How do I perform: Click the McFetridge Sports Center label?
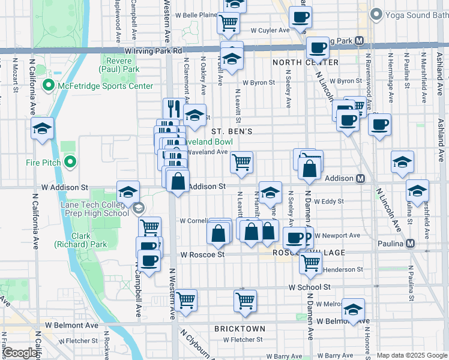click(105, 86)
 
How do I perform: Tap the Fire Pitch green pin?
click(70, 161)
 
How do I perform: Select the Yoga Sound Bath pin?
click(376, 13)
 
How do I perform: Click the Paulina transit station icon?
click(411, 244)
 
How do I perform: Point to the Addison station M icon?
click(361, 178)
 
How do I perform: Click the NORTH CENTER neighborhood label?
click(305, 62)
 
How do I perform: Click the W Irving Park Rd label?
click(153, 52)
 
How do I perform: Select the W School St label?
click(309, 287)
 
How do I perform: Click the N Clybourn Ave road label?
click(199, 343)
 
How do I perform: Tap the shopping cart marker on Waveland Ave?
click(241, 161)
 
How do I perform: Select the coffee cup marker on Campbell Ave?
click(150, 260)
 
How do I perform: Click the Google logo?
click(20, 353)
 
